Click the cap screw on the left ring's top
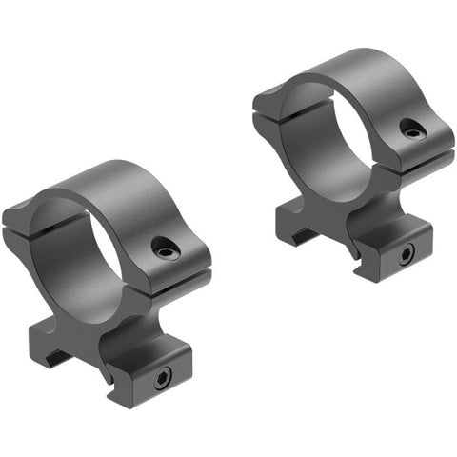167,250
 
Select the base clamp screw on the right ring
406,253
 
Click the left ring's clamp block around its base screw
157,376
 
